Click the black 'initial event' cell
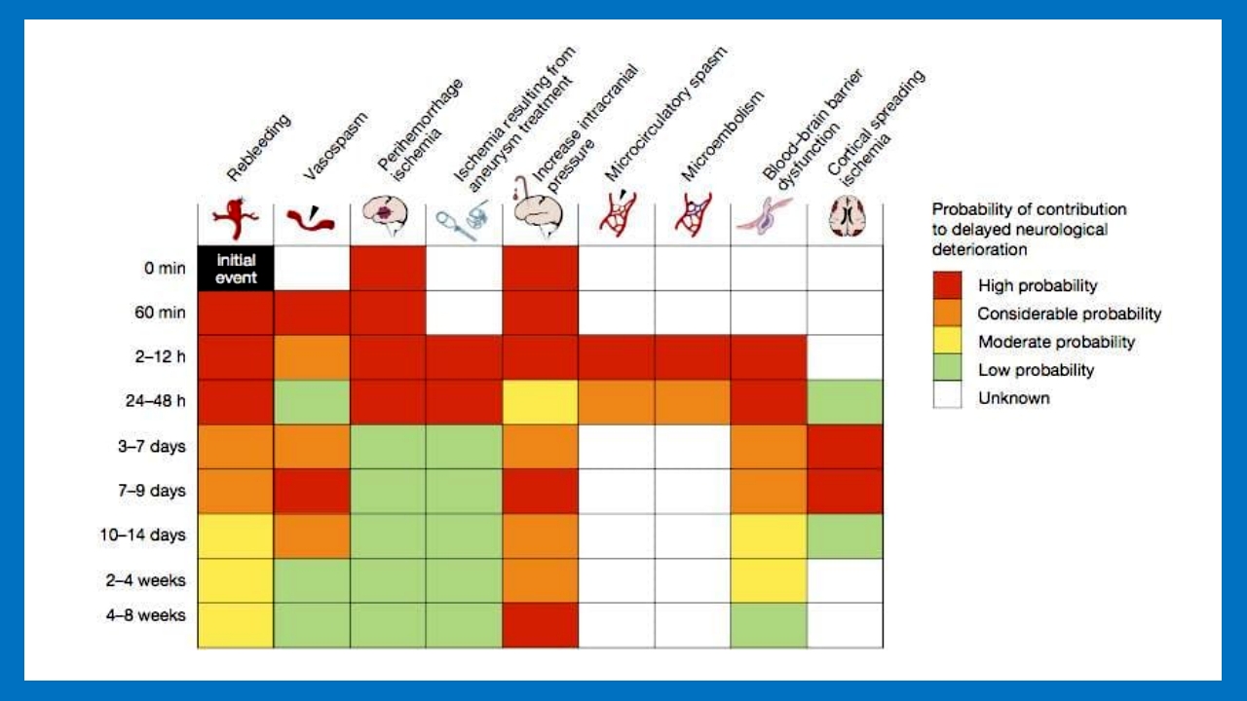click(x=235, y=268)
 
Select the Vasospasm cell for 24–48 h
click(x=312, y=401)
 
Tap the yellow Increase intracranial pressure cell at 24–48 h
click(x=541, y=401)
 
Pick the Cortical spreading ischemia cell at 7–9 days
click(x=846, y=491)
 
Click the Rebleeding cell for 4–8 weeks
click(x=235, y=625)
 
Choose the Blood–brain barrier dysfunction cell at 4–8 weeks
click(x=769, y=625)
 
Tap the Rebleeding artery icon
click(x=235, y=220)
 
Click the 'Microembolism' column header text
click(x=722, y=136)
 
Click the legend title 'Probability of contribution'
click(x=1029, y=209)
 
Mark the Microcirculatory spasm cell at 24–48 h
click(x=617, y=401)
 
